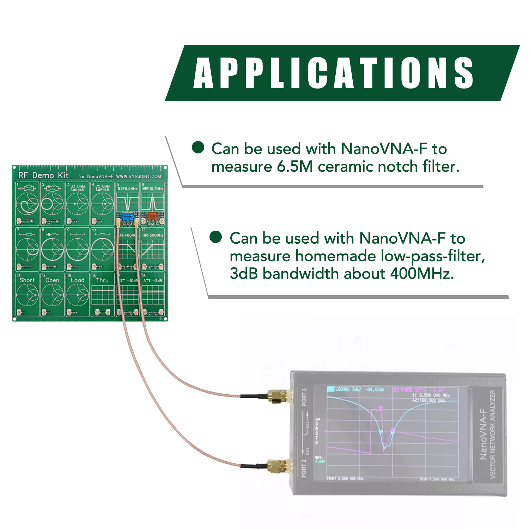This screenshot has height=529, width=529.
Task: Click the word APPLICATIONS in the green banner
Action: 333,73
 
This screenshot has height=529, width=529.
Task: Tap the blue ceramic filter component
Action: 127,216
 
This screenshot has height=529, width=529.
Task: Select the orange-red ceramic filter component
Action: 153,216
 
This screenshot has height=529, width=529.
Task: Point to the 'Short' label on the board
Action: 27,280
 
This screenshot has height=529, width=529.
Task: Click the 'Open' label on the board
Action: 52,280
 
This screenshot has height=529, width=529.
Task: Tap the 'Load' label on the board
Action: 78,280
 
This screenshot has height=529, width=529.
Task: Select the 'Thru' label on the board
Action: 102,280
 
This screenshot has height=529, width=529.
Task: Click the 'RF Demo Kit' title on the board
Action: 43,175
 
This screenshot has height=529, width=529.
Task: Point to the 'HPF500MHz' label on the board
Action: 153,235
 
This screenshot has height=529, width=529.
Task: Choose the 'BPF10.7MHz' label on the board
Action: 153,189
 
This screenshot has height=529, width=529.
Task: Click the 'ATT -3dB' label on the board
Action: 153,281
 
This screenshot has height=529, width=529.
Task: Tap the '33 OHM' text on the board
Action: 78,186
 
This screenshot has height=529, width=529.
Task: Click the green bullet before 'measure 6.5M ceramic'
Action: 198,147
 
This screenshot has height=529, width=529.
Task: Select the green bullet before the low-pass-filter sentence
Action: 215,237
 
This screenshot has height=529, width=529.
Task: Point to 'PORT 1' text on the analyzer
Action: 304,397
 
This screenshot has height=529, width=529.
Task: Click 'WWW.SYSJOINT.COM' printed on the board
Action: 138,176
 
